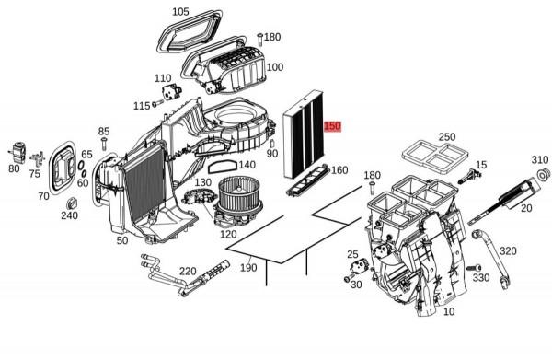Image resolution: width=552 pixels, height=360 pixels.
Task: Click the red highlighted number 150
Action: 332,126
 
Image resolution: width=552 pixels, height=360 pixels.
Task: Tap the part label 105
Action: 180,12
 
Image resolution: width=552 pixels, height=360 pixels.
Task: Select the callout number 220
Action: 188,272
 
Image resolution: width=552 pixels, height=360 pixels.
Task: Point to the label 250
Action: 447,136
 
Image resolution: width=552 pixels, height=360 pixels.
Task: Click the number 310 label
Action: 540,159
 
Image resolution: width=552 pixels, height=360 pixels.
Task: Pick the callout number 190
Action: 248,268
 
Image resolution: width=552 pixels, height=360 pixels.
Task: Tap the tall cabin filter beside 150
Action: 304,134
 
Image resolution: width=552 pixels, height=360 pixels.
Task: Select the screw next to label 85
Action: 103,144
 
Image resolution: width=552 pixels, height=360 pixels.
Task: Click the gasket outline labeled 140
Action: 222,167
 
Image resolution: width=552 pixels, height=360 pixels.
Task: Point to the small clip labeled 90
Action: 271,144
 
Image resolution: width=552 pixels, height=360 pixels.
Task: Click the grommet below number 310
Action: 545,174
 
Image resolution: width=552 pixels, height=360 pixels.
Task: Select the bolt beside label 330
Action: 474,268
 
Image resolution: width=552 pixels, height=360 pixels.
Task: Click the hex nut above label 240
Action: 72,204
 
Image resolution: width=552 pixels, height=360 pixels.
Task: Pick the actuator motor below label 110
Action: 171,92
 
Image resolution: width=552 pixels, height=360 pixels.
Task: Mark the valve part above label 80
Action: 18,152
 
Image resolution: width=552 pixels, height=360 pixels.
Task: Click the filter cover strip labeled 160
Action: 308,180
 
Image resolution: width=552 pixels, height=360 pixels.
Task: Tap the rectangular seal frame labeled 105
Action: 189,31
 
